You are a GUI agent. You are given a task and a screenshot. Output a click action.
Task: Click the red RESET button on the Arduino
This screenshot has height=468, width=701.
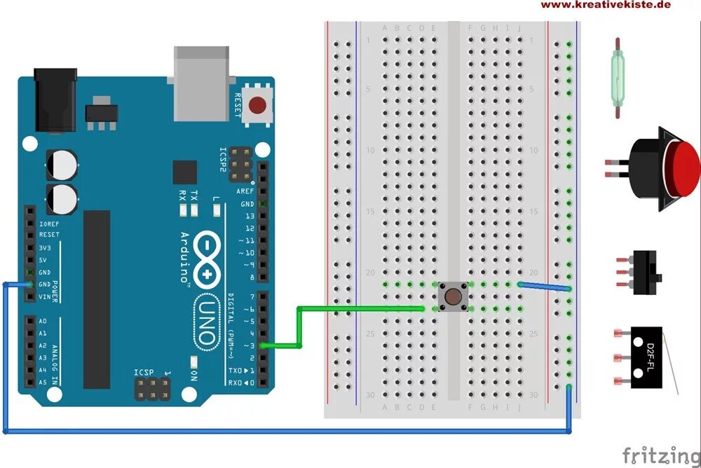pyautogui.click(x=258, y=106)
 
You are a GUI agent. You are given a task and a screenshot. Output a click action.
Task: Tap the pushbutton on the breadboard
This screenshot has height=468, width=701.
pyautogui.click(x=453, y=296)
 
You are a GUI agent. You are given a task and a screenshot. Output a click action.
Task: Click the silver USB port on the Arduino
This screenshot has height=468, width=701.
pyautogui.click(x=201, y=82)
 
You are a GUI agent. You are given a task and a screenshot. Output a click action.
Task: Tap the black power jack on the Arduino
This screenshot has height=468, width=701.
pyautogui.click(x=54, y=99)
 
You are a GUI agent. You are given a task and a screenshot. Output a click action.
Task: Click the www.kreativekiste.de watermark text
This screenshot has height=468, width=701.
pyautogui.click(x=606, y=5)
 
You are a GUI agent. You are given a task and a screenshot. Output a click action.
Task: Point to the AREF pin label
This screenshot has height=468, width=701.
pyautogui.click(x=245, y=191)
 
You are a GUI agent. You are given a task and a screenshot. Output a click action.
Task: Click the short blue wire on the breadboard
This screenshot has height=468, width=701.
pyautogui.click(x=544, y=286)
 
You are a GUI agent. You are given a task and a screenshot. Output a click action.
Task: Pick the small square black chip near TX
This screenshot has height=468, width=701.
pyautogui.click(x=185, y=172)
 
